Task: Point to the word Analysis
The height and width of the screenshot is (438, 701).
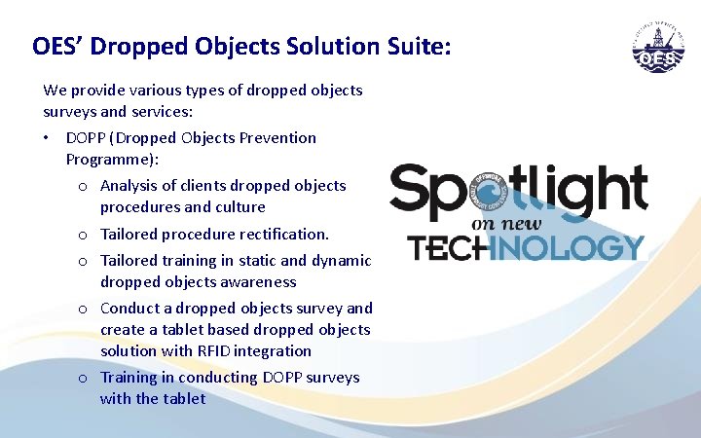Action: tap(130, 186)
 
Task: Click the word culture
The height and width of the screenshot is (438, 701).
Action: tap(239, 207)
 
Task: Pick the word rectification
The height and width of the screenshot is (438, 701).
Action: tap(284, 235)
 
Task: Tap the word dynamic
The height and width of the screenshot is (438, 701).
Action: tap(340, 261)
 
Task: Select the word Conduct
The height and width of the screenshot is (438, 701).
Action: tap(130, 309)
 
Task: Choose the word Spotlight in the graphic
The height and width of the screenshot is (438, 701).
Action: tap(518, 192)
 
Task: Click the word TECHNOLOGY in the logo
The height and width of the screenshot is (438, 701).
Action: tap(527, 248)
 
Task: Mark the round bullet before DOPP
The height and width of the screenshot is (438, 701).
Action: tap(48, 138)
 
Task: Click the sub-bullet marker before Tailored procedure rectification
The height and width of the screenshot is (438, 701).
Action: tap(85, 236)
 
